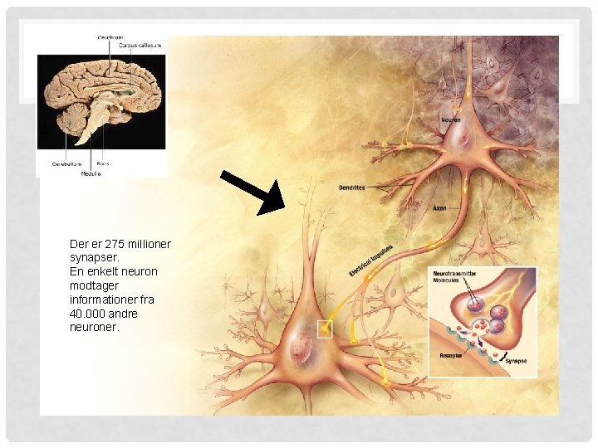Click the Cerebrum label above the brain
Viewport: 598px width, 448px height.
110,37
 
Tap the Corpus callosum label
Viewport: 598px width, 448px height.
140,46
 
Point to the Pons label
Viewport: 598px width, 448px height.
102,164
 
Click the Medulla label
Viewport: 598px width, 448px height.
91,173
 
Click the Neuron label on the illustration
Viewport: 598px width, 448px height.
450,120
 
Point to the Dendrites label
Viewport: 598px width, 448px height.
351,188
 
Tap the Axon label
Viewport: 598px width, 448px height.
439,208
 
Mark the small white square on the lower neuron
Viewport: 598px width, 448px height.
324,330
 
